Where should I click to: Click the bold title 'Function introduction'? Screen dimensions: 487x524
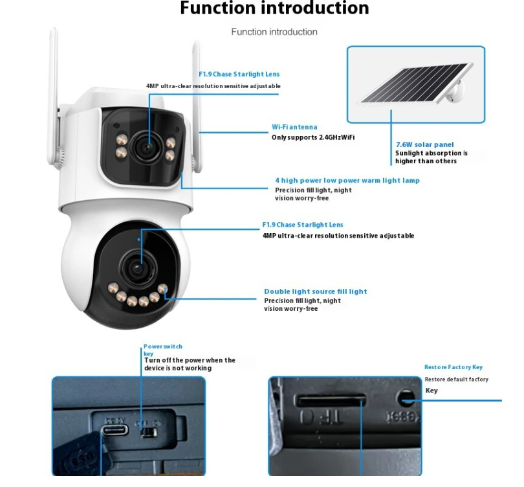[274, 8]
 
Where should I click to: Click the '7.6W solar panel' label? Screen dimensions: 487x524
[424, 144]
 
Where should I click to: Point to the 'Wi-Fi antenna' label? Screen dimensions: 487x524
[294, 128]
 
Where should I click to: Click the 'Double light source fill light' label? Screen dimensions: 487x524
[315, 291]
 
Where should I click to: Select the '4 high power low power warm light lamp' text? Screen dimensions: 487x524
[347, 180]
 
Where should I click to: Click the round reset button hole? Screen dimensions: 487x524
[406, 397]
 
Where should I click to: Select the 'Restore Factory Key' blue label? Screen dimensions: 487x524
[453, 367]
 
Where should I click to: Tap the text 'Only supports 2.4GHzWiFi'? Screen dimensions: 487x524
[312, 137]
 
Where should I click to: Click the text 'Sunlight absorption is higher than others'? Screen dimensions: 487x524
[431, 157]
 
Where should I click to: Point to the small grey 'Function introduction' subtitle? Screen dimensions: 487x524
[274, 32]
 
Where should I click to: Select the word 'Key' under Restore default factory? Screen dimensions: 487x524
[431, 391]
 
